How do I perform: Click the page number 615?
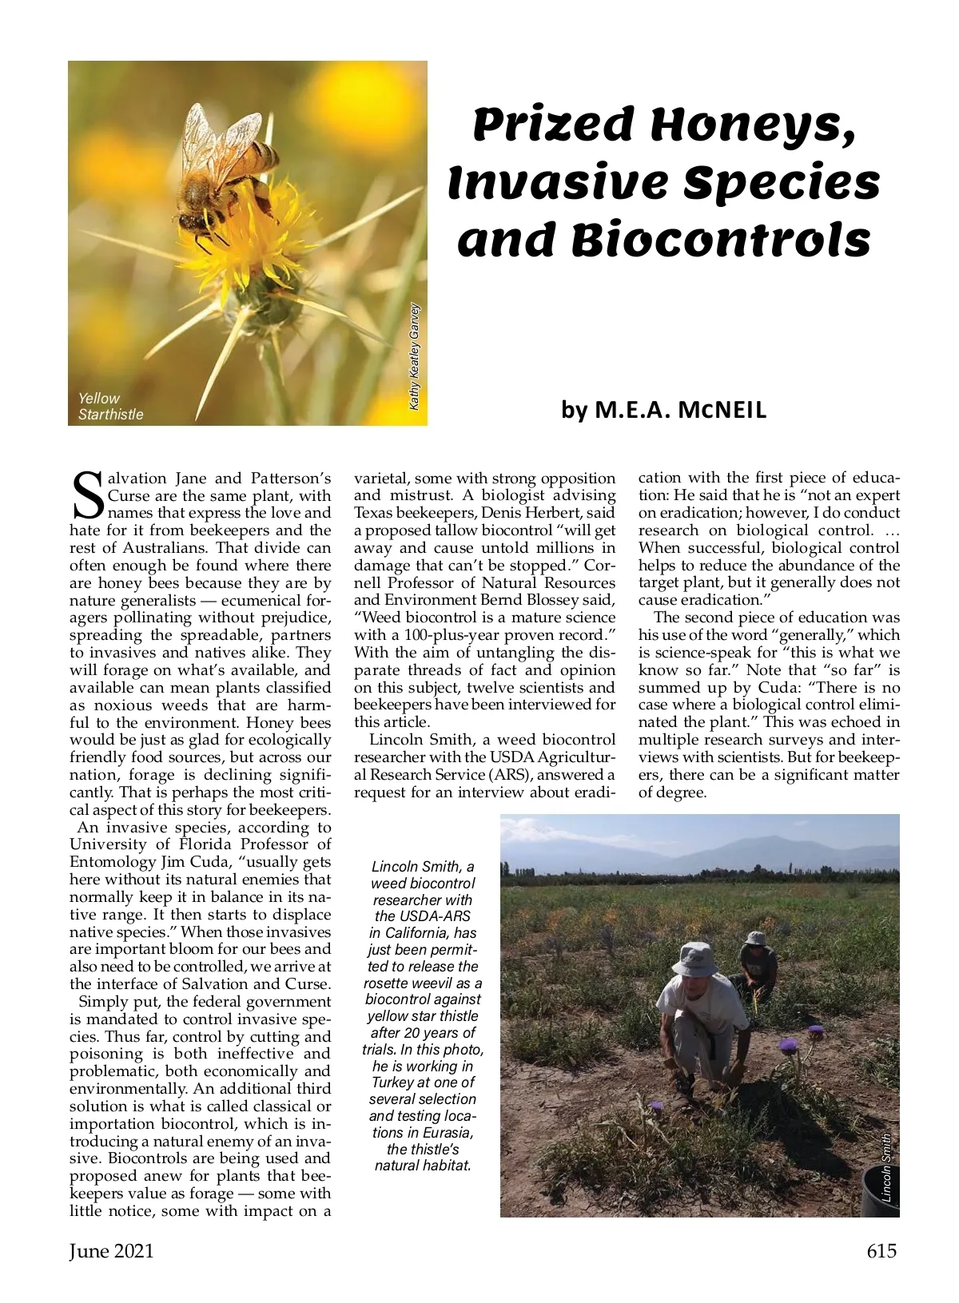(881, 1250)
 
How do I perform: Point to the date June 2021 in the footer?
(111, 1251)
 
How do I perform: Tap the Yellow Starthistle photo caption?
(110, 406)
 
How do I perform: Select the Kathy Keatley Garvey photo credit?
(414, 356)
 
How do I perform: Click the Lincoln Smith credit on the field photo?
(886, 1168)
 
